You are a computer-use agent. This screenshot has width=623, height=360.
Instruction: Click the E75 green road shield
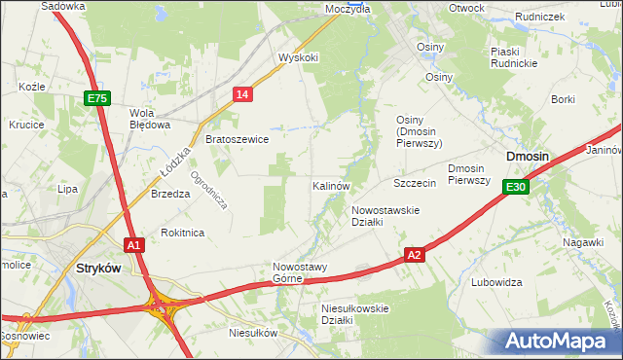pos(97,98)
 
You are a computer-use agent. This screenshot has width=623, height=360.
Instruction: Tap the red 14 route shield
pos(243,93)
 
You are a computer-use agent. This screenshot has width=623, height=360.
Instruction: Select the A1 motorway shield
pos(134,245)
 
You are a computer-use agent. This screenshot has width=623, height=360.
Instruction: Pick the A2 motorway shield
pos(415,254)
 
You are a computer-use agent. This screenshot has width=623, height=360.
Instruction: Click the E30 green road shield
pos(516,188)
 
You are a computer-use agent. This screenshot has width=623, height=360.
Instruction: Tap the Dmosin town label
pos(527,157)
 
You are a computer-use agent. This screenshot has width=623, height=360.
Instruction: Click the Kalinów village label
pos(331,185)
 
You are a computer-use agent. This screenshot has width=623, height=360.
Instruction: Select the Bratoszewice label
pos(237,140)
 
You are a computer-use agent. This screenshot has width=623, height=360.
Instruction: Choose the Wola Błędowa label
pos(150,118)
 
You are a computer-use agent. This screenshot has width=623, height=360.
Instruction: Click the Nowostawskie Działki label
pos(385,216)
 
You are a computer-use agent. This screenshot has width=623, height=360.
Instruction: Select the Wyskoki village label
pos(298,57)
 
